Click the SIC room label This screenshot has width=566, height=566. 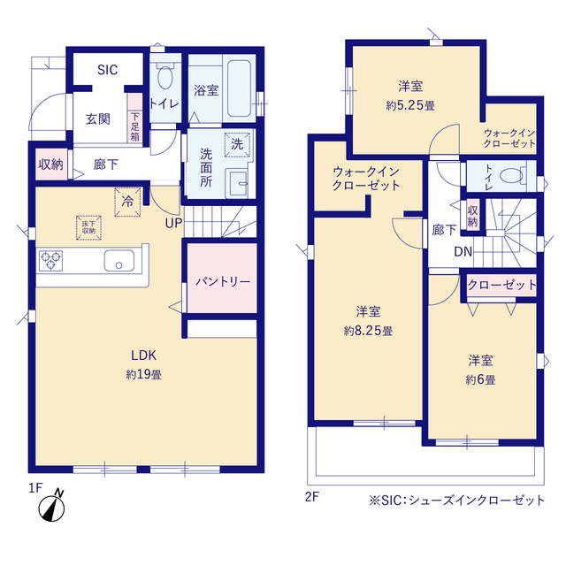(108, 70)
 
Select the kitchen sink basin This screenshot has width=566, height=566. (119, 260)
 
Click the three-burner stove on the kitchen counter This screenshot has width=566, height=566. (50, 261)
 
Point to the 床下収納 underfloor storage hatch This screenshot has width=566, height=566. (88, 228)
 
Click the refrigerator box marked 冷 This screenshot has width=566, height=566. (127, 202)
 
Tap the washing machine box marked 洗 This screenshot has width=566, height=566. (237, 144)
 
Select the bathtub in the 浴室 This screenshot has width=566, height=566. (239, 88)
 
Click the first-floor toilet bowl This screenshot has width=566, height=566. (165, 77)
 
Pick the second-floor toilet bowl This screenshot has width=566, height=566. (511, 176)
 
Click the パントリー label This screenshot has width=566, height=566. (223, 281)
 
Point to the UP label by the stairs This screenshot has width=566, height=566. (173, 223)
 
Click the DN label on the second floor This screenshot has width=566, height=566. (463, 251)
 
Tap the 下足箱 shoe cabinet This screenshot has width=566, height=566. (134, 119)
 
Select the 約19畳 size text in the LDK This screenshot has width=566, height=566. (143, 374)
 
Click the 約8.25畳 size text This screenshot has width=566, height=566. (368, 331)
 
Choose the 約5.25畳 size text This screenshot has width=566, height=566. (410, 105)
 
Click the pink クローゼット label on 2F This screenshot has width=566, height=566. (501, 285)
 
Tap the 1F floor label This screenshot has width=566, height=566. (35, 488)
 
